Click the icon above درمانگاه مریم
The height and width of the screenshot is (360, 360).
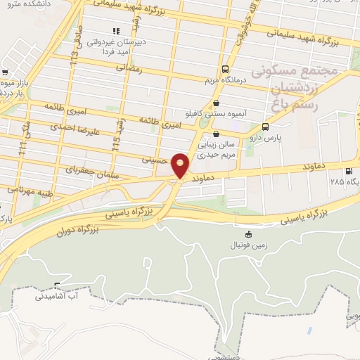pos(225,69)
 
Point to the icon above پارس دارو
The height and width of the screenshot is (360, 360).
pos(265,127)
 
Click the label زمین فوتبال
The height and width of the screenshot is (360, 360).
pos(246,245)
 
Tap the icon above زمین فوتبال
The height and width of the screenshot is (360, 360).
pos(247,235)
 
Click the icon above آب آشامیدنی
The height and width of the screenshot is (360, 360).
pos(58,285)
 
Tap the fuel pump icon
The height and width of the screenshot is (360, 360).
pos(348,171)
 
